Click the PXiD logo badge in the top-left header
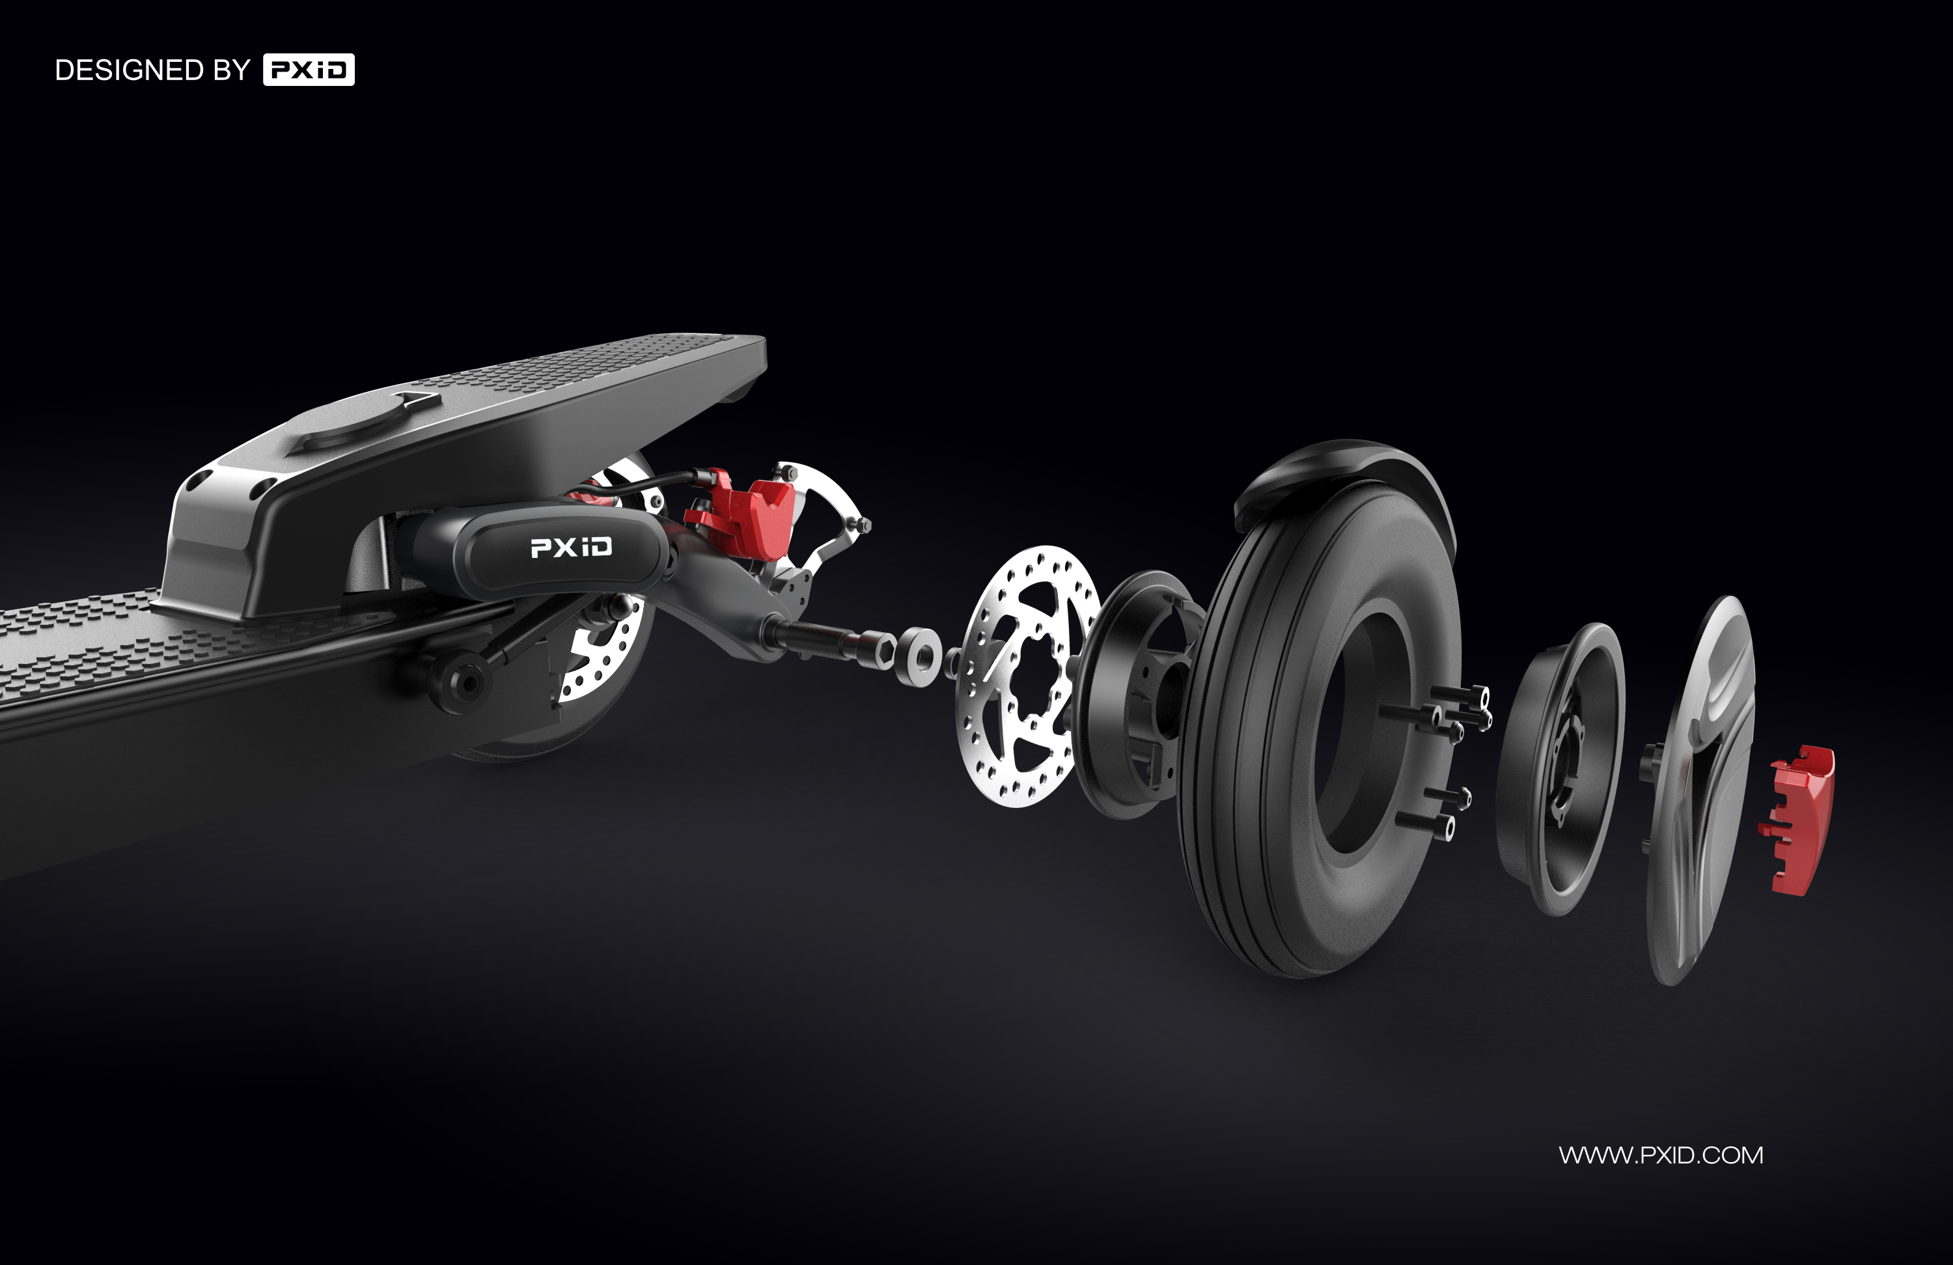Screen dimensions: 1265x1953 pyautogui.click(x=309, y=70)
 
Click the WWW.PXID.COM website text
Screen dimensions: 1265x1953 pyautogui.click(x=1660, y=1155)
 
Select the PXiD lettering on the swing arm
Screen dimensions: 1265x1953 pyautogui.click(x=571, y=548)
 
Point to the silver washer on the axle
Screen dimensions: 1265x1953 pyautogui.click(x=919, y=654)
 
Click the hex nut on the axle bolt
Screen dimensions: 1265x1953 pyautogui.click(x=883, y=648)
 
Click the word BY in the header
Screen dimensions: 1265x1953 pyautogui.click(x=231, y=70)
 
